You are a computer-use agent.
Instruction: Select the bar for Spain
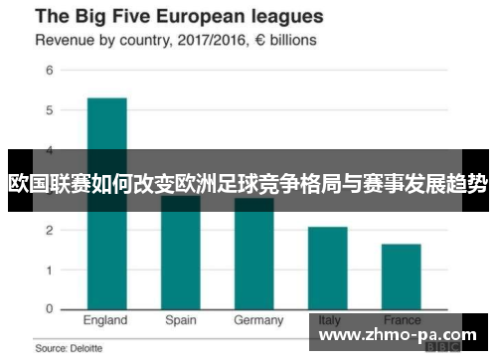point(180,254)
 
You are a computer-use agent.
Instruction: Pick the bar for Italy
point(327,268)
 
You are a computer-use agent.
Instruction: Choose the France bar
point(401,276)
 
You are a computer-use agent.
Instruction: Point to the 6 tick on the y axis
point(48,72)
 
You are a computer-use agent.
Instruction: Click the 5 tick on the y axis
point(48,110)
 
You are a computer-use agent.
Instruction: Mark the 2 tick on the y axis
point(48,230)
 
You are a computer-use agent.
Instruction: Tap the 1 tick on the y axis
point(48,270)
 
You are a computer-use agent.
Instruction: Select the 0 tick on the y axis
point(48,309)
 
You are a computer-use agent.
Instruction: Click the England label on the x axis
point(105,321)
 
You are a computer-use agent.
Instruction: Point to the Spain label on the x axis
point(181,321)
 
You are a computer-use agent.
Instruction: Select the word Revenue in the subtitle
point(66,41)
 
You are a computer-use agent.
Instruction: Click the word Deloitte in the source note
point(80,349)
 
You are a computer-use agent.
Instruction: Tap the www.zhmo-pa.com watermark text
point(397,335)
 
